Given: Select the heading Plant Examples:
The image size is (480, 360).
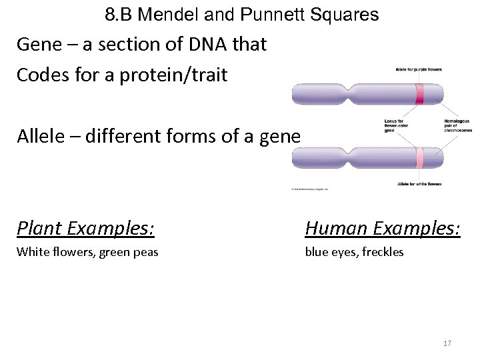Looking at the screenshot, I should [86, 229].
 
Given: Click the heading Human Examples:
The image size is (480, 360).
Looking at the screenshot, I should [383, 229].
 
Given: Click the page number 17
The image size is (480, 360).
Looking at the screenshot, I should [447, 343].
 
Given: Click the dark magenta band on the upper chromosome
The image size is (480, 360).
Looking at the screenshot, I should [419, 95].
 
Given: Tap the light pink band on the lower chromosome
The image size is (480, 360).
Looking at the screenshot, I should [419, 158].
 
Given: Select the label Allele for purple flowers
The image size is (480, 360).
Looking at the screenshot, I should [419, 69].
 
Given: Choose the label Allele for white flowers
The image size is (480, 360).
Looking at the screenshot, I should [419, 183].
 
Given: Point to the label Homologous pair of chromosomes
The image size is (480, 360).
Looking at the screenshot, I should [457, 125].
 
